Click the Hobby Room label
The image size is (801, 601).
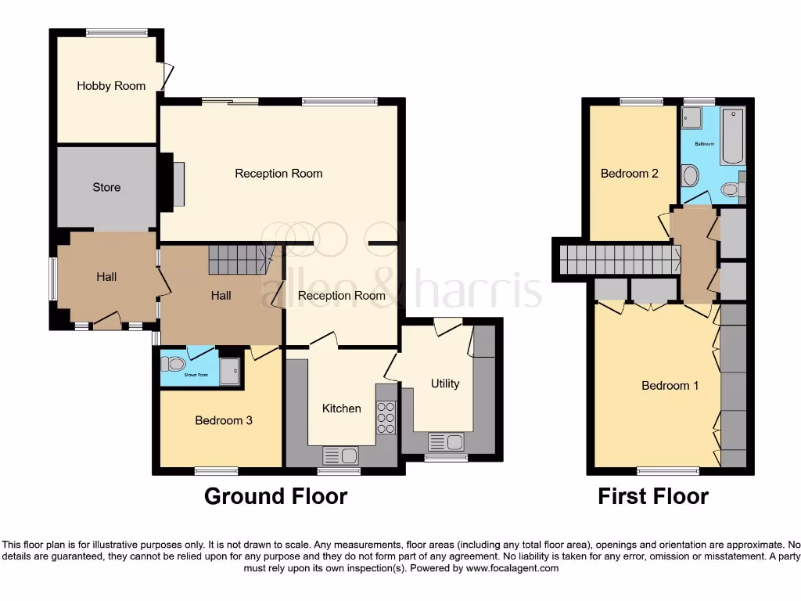[111, 86]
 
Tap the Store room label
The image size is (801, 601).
[106, 187]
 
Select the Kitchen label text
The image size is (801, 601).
[342, 408]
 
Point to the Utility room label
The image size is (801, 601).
[445, 383]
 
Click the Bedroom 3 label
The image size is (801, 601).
[224, 420]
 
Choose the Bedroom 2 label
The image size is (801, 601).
[630, 174]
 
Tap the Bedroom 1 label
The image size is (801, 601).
[670, 385]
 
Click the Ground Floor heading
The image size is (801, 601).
[275, 496]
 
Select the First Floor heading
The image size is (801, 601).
[653, 496]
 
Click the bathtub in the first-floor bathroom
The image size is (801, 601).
[733, 136]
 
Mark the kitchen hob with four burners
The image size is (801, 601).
[386, 417]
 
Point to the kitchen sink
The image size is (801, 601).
[340, 455]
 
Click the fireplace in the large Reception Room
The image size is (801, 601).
[177, 185]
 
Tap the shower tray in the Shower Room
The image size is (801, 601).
[230, 371]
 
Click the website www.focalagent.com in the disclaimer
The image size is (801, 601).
[512, 568]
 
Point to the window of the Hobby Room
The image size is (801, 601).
[117, 33]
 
